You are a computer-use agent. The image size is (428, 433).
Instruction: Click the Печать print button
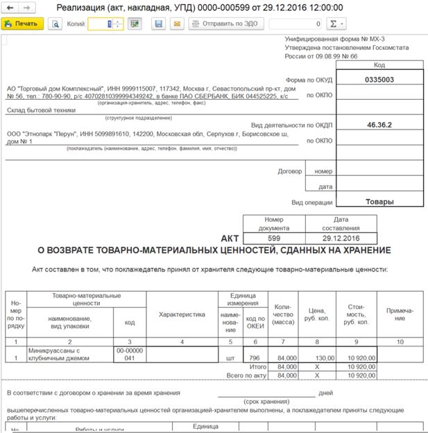click(x=22, y=24)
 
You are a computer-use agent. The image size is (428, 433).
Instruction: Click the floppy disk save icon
click(x=159, y=24)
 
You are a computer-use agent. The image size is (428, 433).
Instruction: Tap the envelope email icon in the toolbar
click(x=177, y=24)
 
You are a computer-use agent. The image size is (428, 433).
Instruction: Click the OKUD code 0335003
click(x=379, y=80)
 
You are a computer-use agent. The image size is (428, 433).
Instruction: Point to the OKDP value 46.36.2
click(x=379, y=125)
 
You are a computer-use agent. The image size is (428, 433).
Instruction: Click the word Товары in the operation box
click(x=379, y=202)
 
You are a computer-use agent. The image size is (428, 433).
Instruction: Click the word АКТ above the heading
click(x=230, y=236)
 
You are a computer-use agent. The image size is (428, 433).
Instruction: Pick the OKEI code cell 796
click(x=255, y=357)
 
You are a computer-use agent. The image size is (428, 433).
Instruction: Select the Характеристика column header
click(x=182, y=315)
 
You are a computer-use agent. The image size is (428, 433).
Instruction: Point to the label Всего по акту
click(x=249, y=375)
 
